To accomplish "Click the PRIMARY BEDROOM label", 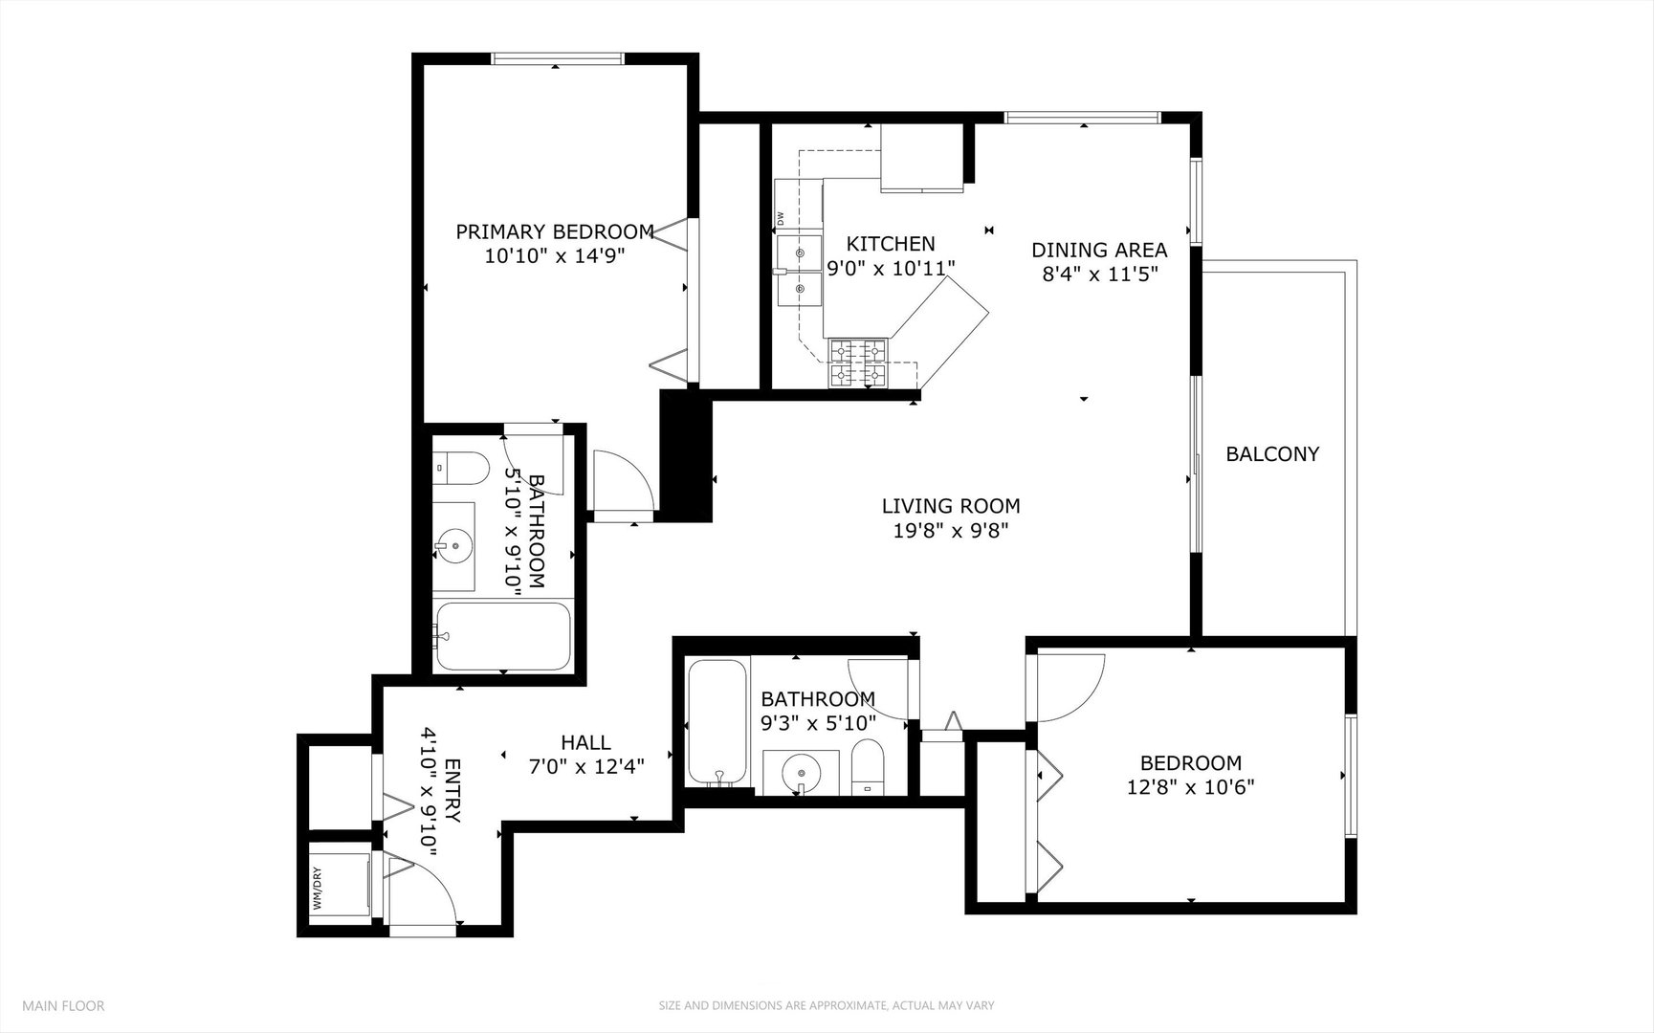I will pyautogui.click(x=555, y=231).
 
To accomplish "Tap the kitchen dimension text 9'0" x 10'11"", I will pyautogui.click(x=891, y=268).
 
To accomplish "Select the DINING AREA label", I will pyautogui.click(x=1099, y=251).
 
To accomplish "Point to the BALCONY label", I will pyautogui.click(x=1272, y=454).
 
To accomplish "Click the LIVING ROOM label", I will pyautogui.click(x=951, y=506).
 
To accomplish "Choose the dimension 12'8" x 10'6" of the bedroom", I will pyautogui.click(x=1191, y=787).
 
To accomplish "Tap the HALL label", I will pyautogui.click(x=585, y=742).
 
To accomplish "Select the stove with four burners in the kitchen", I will pyautogui.click(x=859, y=363).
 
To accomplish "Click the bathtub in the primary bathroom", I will pyautogui.click(x=502, y=636).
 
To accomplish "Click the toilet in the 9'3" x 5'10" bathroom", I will pyautogui.click(x=868, y=767).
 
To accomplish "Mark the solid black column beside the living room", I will pyautogui.click(x=686, y=455).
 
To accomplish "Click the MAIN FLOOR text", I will pyautogui.click(x=63, y=1005).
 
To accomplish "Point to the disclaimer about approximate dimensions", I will pyautogui.click(x=827, y=1005).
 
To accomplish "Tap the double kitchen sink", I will pyautogui.click(x=800, y=271).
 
